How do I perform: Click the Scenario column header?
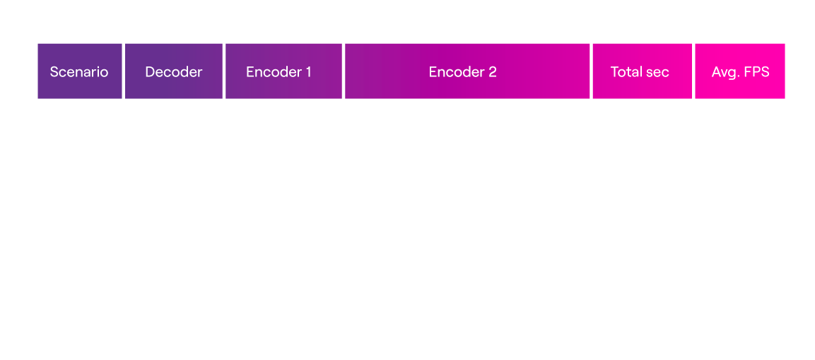79,72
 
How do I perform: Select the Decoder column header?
174,72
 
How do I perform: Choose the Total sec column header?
640,72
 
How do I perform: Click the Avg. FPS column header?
740,72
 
